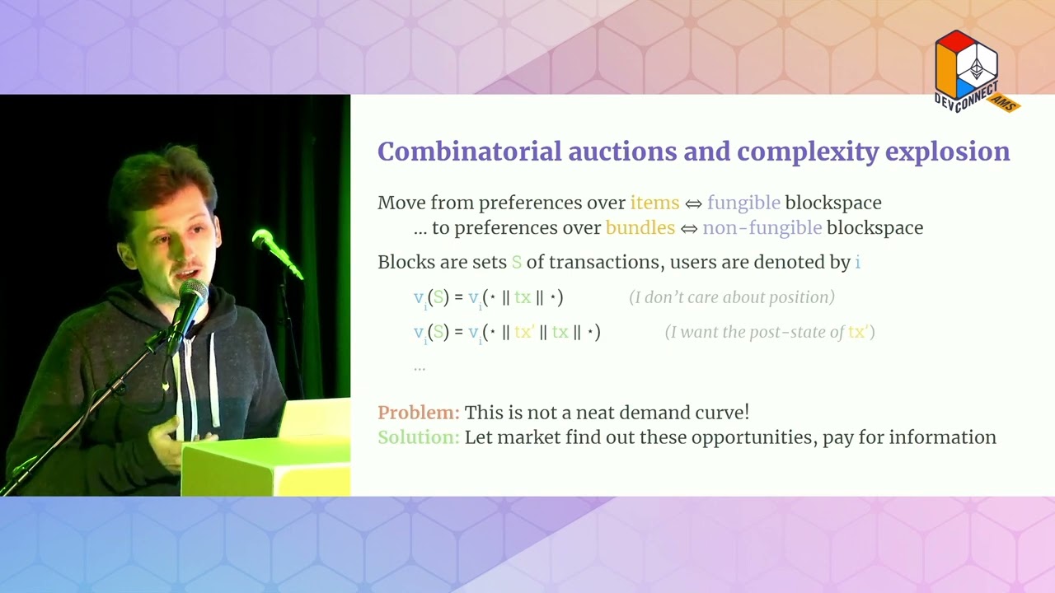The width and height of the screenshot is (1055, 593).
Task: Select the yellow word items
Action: click(654, 203)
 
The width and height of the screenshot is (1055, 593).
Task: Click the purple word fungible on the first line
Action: click(743, 203)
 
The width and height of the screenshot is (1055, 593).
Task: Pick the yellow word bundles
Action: click(640, 227)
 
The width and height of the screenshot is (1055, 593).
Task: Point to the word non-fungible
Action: click(762, 227)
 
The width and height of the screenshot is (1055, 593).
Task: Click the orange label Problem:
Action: click(418, 412)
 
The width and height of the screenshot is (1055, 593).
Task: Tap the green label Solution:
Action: click(418, 437)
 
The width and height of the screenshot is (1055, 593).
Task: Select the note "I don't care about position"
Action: click(732, 297)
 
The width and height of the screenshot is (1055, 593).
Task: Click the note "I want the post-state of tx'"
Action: click(770, 332)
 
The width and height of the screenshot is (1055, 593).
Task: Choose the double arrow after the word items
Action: click(693, 203)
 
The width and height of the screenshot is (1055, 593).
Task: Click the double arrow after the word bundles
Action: click(689, 228)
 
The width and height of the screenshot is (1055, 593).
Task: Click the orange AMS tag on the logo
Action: click(1005, 103)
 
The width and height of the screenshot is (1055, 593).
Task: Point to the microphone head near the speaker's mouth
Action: click(192, 292)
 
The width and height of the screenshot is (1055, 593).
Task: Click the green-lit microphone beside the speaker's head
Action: click(265, 240)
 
